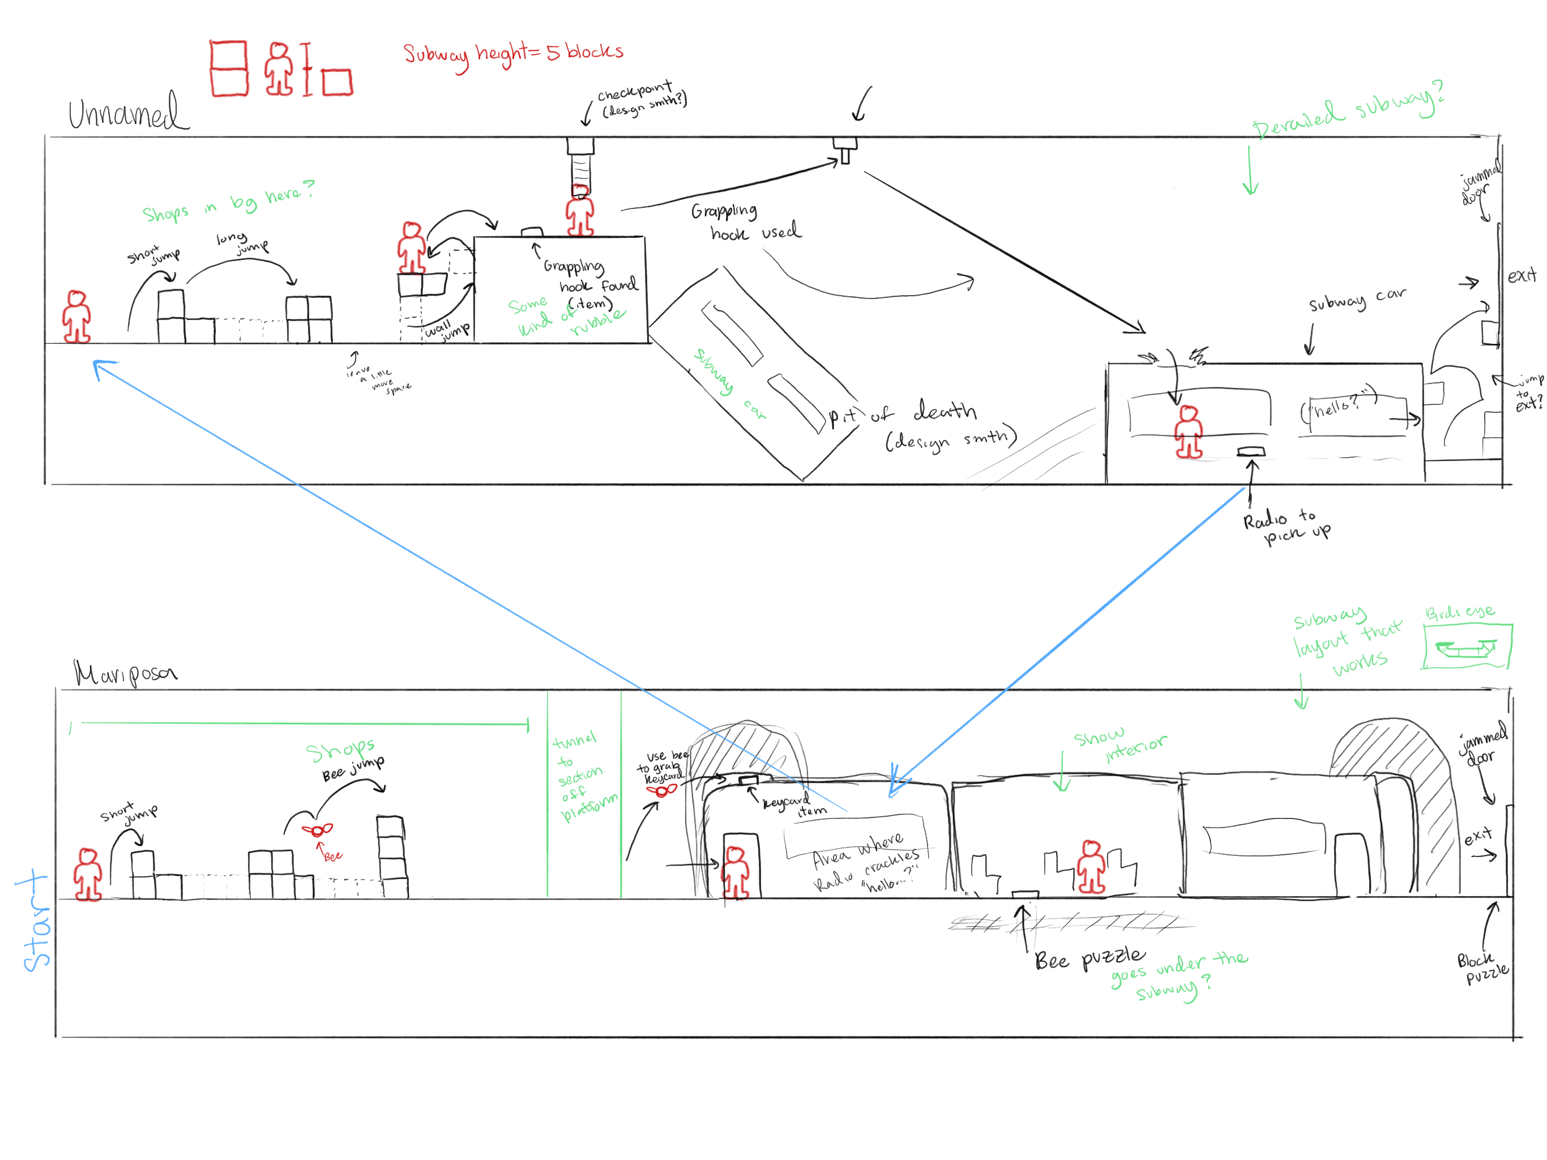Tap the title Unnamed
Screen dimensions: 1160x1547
tap(127, 112)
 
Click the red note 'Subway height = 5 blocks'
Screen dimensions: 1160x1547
tap(512, 53)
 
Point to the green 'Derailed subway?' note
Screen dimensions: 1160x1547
tap(1347, 112)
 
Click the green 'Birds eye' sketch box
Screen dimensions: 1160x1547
tap(1467, 646)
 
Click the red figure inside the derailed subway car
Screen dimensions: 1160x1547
tap(1188, 432)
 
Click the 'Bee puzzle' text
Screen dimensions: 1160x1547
tap(1089, 958)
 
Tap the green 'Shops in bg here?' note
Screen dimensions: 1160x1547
tap(227, 202)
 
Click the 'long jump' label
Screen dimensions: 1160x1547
tap(241, 242)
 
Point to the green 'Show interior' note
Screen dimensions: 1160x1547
tap(1119, 743)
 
